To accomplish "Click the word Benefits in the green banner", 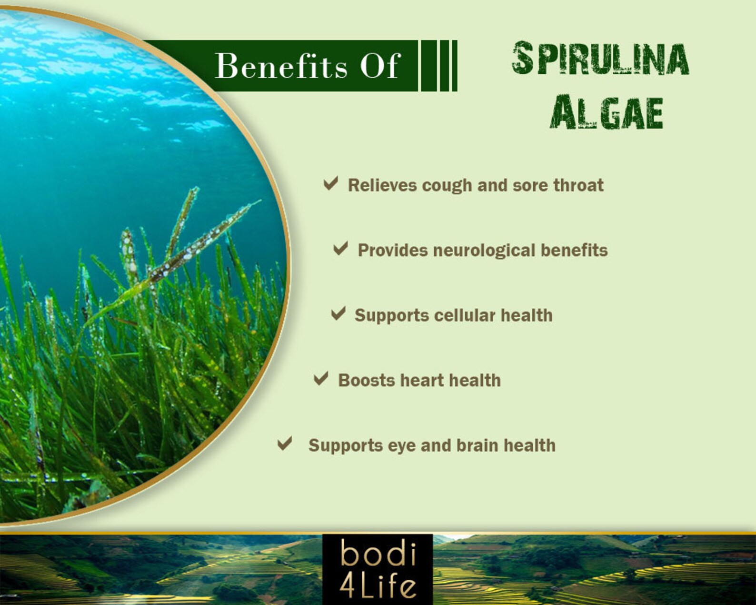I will coord(281,66).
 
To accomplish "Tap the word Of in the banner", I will coord(379,66).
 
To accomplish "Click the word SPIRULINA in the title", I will coord(600,59).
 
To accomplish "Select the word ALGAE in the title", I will coord(607,112).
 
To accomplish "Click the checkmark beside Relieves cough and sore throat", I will coord(331,183).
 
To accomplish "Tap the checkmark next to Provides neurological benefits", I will coord(340,248).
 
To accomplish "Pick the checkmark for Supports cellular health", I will coord(338,313).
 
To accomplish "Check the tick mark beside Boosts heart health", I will coord(321,379).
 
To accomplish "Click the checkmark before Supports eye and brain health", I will coord(285,444).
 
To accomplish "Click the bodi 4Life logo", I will coord(378,569).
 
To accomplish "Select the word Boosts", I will coord(366,381).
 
